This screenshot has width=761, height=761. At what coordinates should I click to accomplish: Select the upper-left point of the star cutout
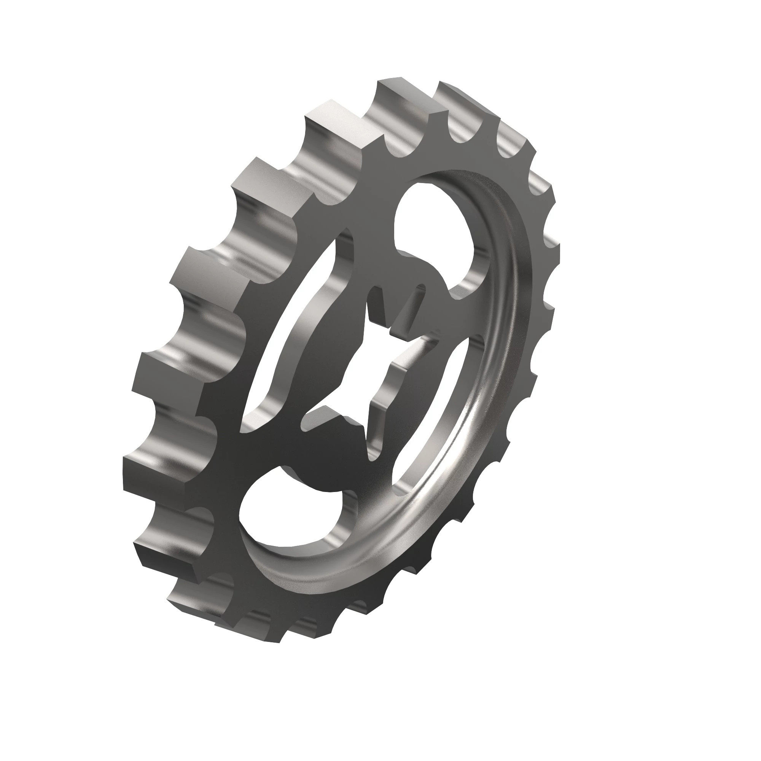(x=374, y=291)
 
